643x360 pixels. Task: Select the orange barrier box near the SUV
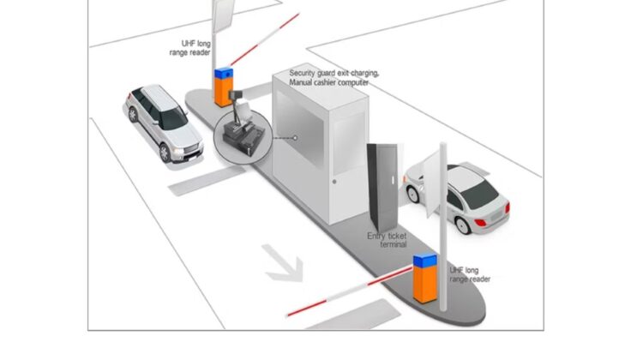pyautogui.click(x=224, y=87)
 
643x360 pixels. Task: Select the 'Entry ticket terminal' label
pyautogui.click(x=388, y=239)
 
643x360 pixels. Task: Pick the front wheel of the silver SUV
pyautogui.click(x=164, y=152)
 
